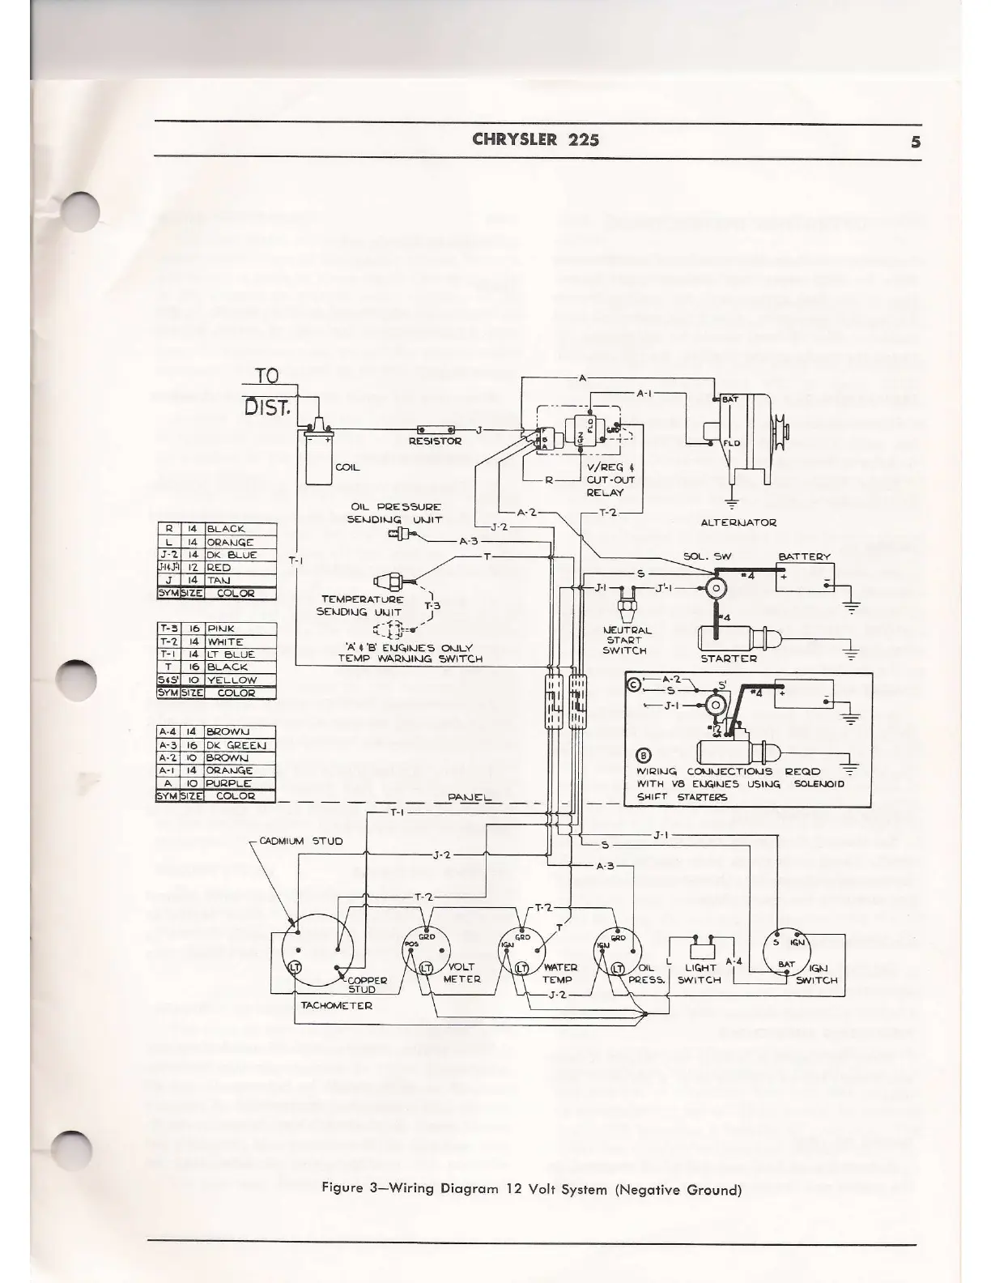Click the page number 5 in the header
(x=915, y=141)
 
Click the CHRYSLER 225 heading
(x=535, y=139)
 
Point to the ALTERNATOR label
(x=738, y=522)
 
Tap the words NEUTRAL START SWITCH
(x=624, y=640)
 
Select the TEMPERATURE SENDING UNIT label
(x=361, y=606)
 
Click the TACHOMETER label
(x=336, y=1005)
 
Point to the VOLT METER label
(x=461, y=973)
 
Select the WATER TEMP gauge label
(x=559, y=973)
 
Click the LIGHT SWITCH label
(x=699, y=974)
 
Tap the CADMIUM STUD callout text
(x=305, y=841)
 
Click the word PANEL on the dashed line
(x=470, y=798)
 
